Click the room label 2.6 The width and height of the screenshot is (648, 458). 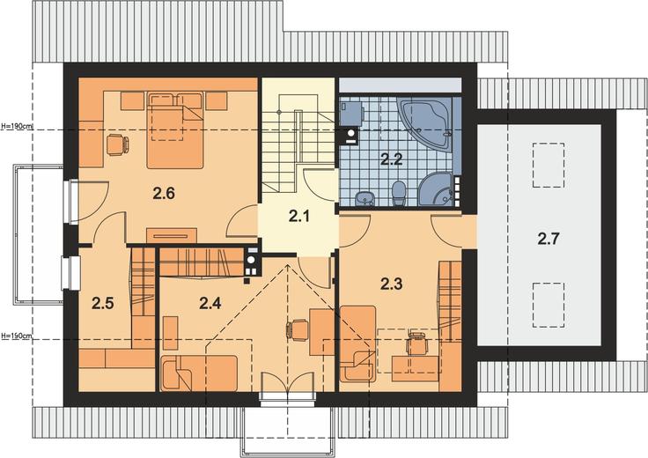pos(164,194)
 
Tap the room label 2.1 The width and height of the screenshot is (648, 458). pos(298,216)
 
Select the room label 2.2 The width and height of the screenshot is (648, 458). pos(391,159)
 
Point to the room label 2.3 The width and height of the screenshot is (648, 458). pos(391,284)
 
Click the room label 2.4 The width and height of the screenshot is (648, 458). pos(210,303)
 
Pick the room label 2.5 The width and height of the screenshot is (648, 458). pos(102,304)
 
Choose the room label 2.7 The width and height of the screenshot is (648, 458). pos(549,239)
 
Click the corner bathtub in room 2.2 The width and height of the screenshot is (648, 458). pos(424,122)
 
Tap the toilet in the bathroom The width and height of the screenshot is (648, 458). pos(399,194)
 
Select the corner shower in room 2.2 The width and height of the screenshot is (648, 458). pos(436,189)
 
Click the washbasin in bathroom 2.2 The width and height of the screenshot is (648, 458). pos(364,199)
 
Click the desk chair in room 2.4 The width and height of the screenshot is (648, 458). pos(298,330)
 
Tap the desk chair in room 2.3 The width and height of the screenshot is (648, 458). pos(418,343)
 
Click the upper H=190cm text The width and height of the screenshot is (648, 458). pos(18,127)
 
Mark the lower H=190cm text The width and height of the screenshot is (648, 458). pos(17,336)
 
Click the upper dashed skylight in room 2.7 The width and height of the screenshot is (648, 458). pos(549,166)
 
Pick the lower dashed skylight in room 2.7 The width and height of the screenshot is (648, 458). pos(549,305)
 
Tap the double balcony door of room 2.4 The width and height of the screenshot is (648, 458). pos(288,382)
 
